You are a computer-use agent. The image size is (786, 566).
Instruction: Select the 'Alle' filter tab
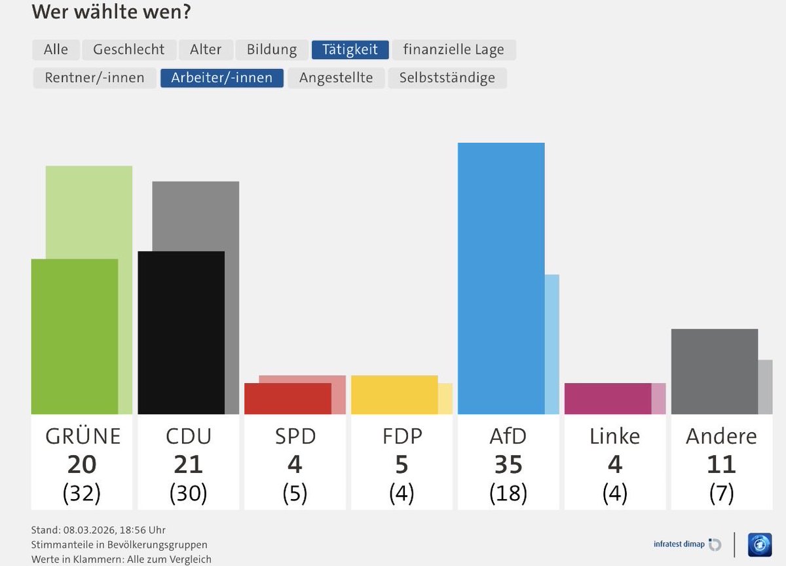click(56, 49)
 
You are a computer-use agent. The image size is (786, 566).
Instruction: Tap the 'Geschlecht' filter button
click(129, 49)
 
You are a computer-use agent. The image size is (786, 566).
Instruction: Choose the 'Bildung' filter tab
click(271, 49)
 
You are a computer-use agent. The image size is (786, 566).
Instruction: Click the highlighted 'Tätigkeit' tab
click(350, 49)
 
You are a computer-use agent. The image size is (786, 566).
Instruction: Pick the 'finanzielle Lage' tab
click(453, 49)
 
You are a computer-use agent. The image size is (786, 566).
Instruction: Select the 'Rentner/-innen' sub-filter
click(94, 77)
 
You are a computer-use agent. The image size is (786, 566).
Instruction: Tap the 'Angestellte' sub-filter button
click(336, 77)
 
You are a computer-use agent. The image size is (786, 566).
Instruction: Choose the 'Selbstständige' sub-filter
click(447, 77)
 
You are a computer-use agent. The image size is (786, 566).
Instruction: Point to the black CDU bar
click(181, 332)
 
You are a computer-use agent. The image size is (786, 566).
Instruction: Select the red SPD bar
click(288, 398)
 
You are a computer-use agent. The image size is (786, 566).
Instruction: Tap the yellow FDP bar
click(394, 394)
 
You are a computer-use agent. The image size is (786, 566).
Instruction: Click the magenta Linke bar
click(607, 398)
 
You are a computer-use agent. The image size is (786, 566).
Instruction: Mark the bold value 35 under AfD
click(508, 464)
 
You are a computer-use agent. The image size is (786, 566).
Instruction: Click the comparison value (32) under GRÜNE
click(81, 493)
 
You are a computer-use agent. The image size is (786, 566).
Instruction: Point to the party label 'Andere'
click(721, 436)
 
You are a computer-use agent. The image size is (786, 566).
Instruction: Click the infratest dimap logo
click(686, 544)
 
